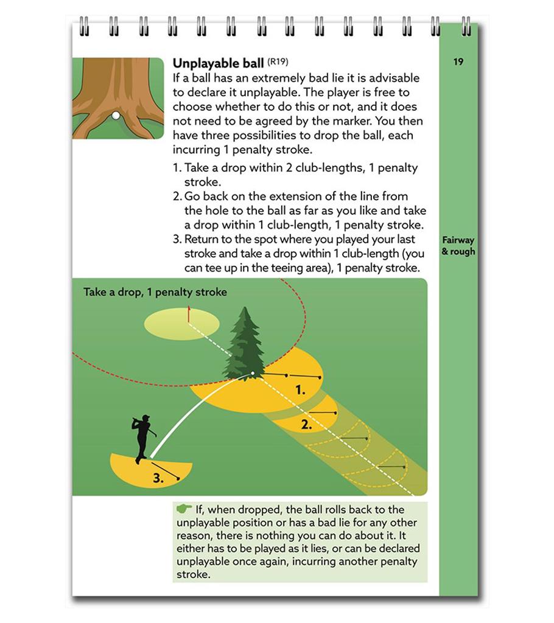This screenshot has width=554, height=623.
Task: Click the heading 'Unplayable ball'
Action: [x=218, y=63]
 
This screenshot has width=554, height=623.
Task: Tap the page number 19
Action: [x=458, y=61]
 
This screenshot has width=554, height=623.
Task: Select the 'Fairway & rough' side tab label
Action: [x=458, y=246]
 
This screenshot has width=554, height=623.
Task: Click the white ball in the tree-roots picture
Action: [x=116, y=115]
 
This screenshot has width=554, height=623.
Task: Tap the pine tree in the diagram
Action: [x=245, y=344]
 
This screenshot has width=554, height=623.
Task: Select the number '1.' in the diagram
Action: [x=300, y=390]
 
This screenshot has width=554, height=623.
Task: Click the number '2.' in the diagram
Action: [x=306, y=425]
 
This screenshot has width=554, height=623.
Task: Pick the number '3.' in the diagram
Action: [x=158, y=478]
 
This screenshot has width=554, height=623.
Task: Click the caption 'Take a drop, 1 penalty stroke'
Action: [x=155, y=292]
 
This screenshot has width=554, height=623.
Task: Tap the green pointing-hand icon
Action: [x=183, y=509]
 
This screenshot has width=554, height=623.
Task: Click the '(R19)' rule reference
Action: [x=278, y=61]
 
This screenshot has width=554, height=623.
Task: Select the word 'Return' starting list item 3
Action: [x=201, y=239]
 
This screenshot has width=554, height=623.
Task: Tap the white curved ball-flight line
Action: [x=183, y=414]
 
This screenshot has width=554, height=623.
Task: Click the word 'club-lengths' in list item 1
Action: [x=334, y=168]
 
